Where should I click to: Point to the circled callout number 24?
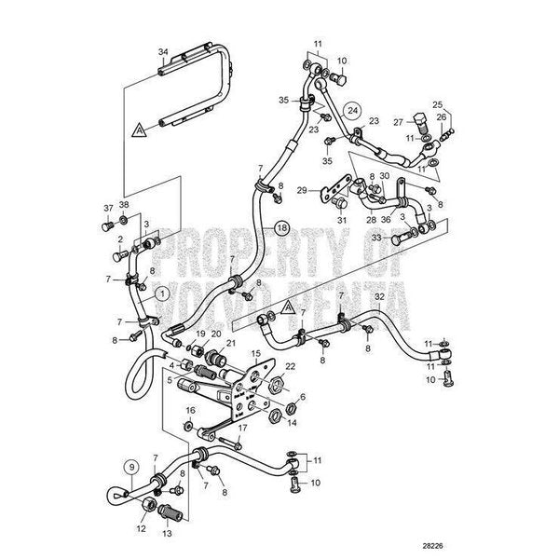(351, 109)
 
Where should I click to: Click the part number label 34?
(163, 51)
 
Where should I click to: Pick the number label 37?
(107, 206)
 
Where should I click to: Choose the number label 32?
(379, 296)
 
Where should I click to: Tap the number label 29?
(301, 191)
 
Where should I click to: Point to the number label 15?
(255, 354)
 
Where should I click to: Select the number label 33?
(375, 238)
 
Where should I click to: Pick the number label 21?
(231, 344)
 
